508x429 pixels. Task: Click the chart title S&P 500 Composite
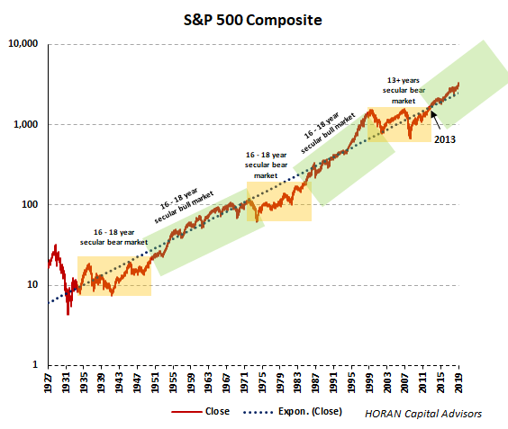254,19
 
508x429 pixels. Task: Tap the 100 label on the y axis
29,204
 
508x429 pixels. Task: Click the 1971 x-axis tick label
245,381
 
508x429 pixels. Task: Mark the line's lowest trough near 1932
67,313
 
